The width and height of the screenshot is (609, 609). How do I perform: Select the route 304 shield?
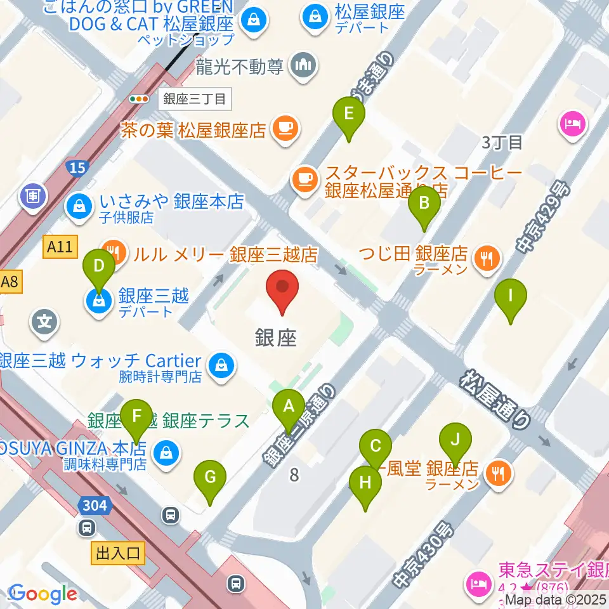point(96,506)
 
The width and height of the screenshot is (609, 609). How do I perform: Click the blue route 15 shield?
point(77,167)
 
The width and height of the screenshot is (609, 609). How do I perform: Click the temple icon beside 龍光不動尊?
point(303,65)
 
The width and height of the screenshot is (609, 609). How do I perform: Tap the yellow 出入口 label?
point(118,553)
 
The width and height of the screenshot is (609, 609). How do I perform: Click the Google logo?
point(43,594)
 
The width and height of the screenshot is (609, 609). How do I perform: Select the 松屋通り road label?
point(495,400)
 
